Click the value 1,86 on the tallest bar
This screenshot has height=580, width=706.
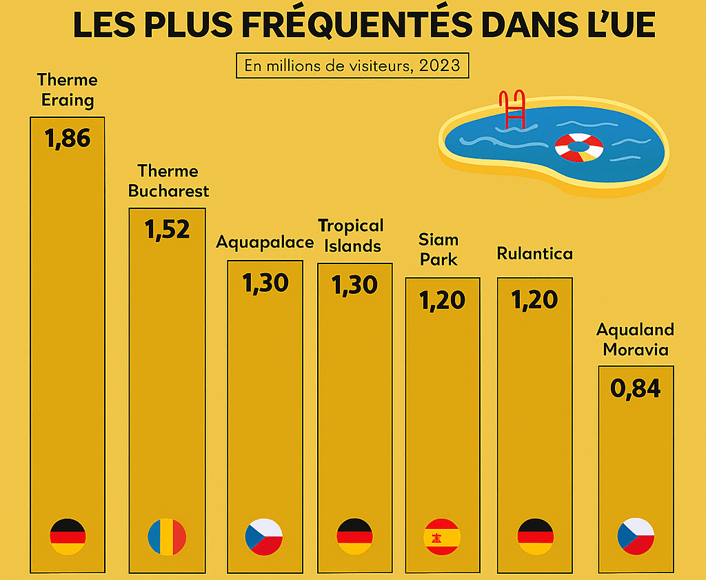pyautogui.click(x=68, y=139)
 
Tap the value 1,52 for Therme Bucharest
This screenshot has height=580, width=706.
pyautogui.click(x=167, y=230)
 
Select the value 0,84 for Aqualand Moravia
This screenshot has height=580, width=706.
pyautogui.click(x=635, y=388)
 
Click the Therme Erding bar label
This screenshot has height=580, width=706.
pyautogui.click(x=68, y=90)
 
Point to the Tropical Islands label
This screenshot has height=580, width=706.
pyautogui.click(x=350, y=236)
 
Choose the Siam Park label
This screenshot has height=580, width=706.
pyautogui.click(x=438, y=250)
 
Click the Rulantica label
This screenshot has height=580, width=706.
pyautogui.click(x=534, y=254)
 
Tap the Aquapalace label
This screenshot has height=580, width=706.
pyautogui.click(x=265, y=243)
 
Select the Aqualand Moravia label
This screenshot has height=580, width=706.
pyautogui.click(x=635, y=339)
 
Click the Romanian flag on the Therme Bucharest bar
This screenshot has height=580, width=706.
pyautogui.click(x=167, y=537)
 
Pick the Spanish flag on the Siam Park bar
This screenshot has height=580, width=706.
pyautogui.click(x=441, y=537)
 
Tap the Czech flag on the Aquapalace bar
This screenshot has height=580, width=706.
pyautogui.click(x=265, y=537)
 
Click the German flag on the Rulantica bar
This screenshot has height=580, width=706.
pyautogui.click(x=535, y=537)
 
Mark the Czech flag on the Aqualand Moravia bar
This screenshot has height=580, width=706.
pyautogui.click(x=635, y=537)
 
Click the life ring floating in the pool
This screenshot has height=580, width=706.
pyautogui.click(x=579, y=147)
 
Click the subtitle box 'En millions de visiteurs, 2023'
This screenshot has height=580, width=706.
pyautogui.click(x=352, y=66)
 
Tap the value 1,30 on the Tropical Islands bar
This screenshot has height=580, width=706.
pyautogui.click(x=354, y=284)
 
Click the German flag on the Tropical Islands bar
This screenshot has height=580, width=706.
pyautogui.click(x=354, y=537)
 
